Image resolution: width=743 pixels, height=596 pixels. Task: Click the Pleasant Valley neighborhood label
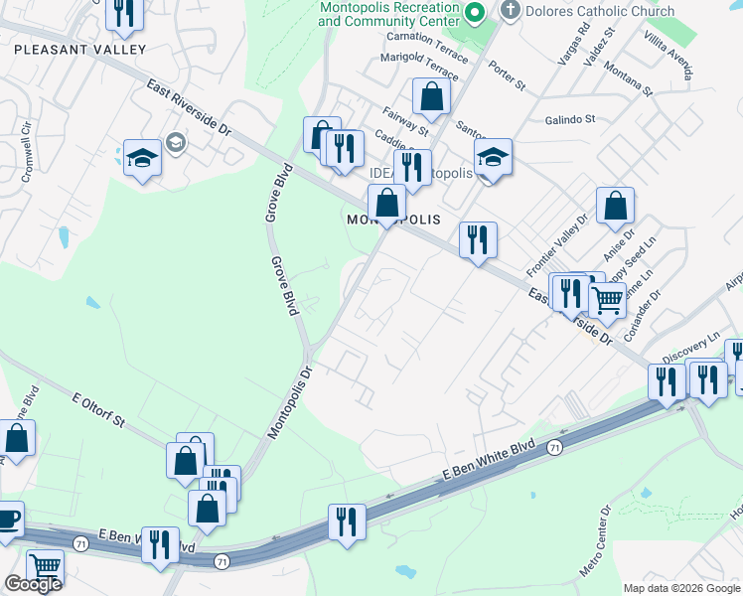click(x=80, y=49)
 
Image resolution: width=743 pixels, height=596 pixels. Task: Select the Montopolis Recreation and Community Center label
click(x=390, y=13)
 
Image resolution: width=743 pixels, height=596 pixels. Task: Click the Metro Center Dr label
click(x=595, y=541)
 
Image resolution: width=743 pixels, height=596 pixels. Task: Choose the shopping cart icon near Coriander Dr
click(x=607, y=297)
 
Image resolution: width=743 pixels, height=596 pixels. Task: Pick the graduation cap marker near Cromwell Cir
click(x=143, y=157)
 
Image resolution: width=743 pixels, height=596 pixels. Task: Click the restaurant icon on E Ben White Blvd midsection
click(x=347, y=520)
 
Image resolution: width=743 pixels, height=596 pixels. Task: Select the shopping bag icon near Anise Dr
click(x=616, y=205)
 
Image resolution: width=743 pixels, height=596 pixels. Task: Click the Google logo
click(x=33, y=584)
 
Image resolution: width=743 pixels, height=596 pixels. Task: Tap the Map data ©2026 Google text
click(x=681, y=588)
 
